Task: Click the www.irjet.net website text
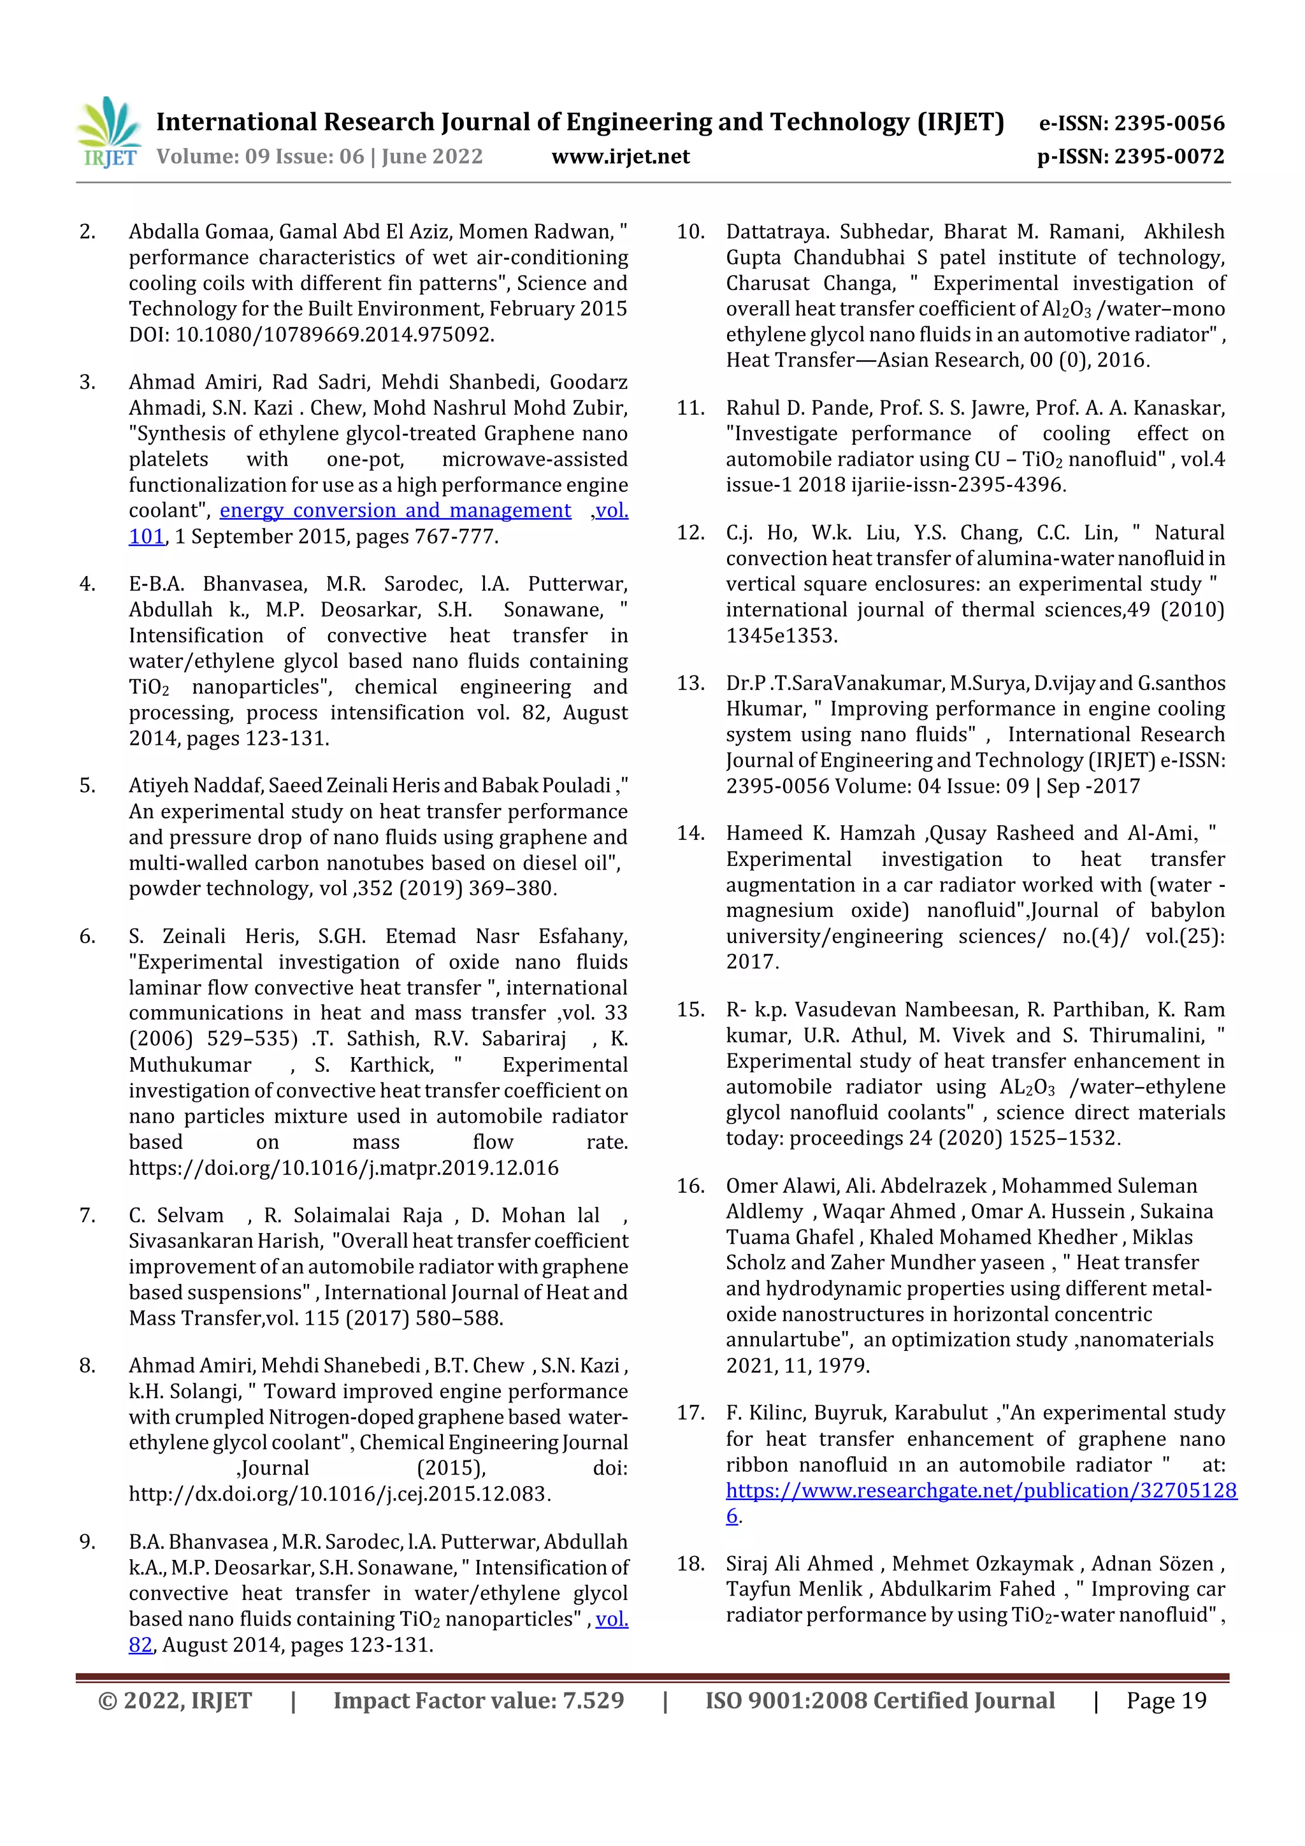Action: pyautogui.click(x=620, y=156)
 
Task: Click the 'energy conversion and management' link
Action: pyautogui.click(x=395, y=510)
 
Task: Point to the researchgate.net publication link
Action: pyautogui.click(x=980, y=1490)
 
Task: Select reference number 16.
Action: pyautogui.click(x=690, y=1185)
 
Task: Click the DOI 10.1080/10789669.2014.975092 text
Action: pyautogui.click(x=334, y=335)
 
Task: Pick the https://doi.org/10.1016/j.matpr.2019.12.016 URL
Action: pyautogui.click(x=343, y=1167)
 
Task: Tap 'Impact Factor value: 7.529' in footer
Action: pyautogui.click(x=479, y=1701)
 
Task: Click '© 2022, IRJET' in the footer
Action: pyautogui.click(x=175, y=1701)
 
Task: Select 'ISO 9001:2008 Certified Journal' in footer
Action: pyautogui.click(x=879, y=1701)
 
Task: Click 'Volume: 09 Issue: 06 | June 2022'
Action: pyautogui.click(x=319, y=156)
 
